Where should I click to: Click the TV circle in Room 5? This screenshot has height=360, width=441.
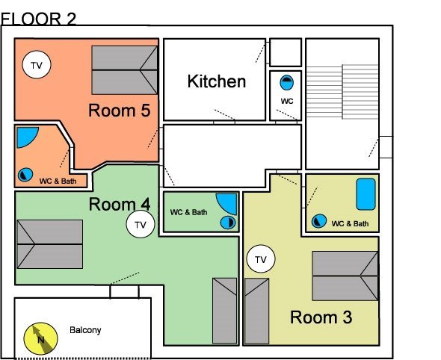37,65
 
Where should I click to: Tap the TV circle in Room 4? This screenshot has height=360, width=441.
141,224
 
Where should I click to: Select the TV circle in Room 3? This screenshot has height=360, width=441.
261,259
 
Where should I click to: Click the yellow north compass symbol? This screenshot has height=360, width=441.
41,338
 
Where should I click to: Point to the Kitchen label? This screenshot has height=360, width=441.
217,81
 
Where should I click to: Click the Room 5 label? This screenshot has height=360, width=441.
120,110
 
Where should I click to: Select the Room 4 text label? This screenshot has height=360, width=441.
120,204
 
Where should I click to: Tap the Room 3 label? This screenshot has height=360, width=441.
321,317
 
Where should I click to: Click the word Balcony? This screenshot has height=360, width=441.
85,330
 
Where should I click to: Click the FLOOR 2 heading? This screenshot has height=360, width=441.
38,19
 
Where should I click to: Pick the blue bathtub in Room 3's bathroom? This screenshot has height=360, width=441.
366,194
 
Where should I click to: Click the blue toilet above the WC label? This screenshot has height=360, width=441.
287,83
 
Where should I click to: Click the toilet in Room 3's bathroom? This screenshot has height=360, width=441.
319,221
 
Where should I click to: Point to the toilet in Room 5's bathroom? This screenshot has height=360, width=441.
25,175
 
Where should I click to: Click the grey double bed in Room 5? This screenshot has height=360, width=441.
124,70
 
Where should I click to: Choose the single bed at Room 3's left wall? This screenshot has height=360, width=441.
257,311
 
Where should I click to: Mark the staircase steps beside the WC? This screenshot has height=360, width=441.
342,92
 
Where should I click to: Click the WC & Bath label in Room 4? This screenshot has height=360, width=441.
188,212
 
